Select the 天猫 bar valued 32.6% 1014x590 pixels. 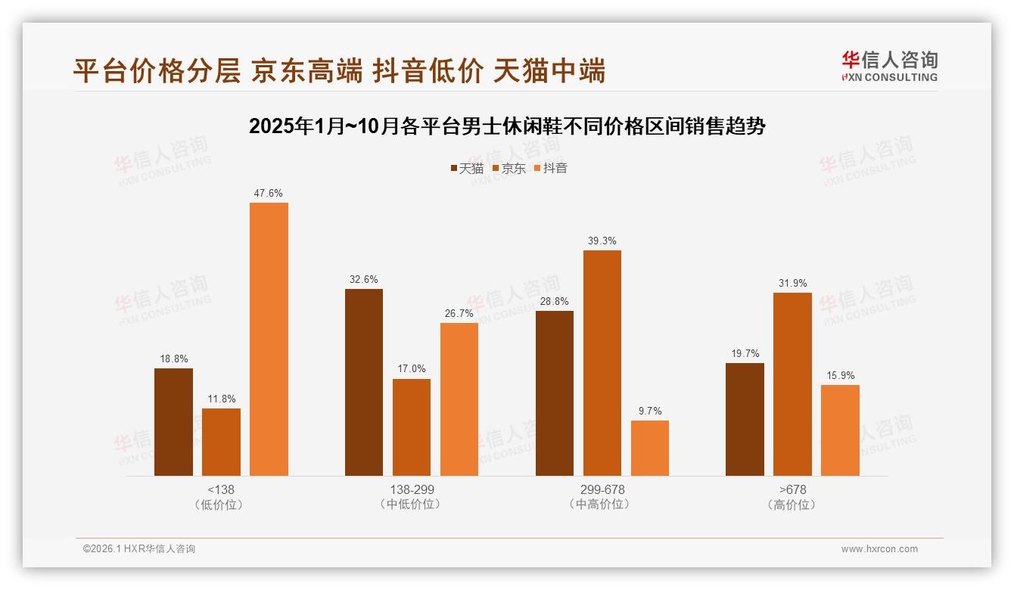364,382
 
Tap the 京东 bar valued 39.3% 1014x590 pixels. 602,363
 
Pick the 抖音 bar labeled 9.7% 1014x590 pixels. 650,448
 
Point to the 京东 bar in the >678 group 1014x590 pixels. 792,384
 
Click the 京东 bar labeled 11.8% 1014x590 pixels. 221,442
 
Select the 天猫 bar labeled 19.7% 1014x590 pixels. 745,419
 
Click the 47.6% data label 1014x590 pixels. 269,194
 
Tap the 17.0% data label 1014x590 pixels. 412,369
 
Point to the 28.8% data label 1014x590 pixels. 555,301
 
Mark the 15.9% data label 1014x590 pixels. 840,375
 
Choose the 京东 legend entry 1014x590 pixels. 509,169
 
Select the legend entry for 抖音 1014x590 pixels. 551,169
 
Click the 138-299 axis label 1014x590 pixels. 412,489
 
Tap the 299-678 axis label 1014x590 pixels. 602,489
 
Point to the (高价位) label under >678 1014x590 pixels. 792,505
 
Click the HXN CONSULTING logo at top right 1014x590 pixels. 889,67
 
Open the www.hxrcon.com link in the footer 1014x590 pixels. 879,549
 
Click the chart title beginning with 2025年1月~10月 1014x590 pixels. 507,126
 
